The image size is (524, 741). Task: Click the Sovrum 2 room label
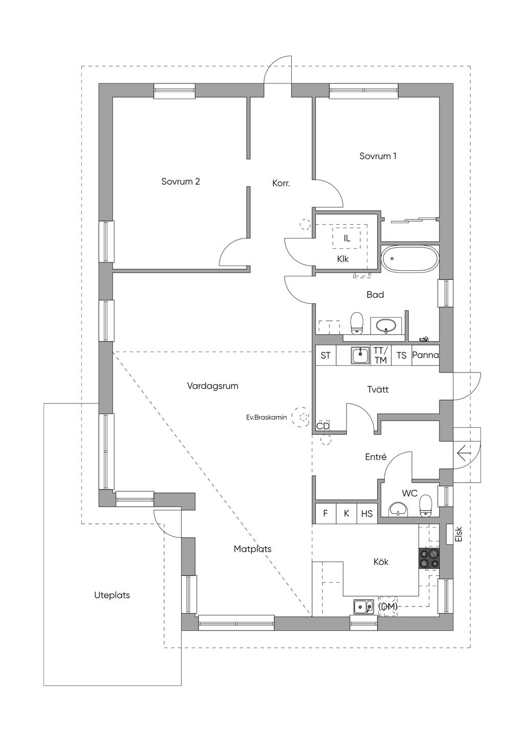[180, 182]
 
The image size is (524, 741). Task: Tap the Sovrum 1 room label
[378, 156]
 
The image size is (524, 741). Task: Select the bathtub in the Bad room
[409, 258]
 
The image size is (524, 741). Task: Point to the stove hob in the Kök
[429, 558]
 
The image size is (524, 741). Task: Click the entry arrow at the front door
[464, 453]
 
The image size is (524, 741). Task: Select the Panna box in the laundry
[425, 355]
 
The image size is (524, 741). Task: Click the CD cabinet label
[323, 426]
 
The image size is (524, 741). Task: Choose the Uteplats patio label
[112, 595]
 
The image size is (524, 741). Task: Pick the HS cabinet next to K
[367, 514]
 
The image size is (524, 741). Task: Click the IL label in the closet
[347, 238]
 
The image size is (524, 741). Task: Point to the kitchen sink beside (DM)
[363, 607]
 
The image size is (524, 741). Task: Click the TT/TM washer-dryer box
[381, 355]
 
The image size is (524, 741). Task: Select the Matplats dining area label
[252, 549]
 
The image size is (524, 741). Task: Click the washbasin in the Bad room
[385, 325]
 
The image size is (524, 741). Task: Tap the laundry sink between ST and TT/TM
[360, 355]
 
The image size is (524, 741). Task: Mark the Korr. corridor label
[281, 183]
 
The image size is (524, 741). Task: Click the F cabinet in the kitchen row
[325, 514]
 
